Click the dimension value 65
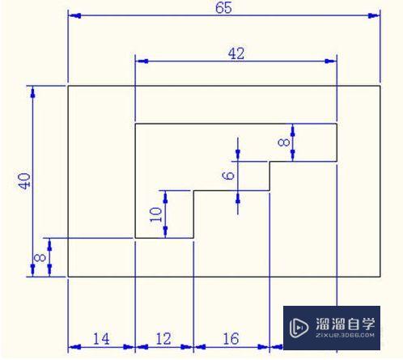(x=225, y=8)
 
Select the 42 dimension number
(x=236, y=53)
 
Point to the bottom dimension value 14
(x=101, y=339)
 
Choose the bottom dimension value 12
(x=164, y=339)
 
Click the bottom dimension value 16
(x=231, y=339)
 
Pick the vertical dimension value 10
(x=157, y=214)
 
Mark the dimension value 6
(x=229, y=176)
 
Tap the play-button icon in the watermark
(x=297, y=328)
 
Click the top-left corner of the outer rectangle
(x=67, y=85)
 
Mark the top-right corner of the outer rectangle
(x=380, y=85)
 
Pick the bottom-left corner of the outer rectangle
(x=67, y=277)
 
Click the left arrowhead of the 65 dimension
(x=73, y=15)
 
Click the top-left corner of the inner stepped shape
(x=135, y=124)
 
